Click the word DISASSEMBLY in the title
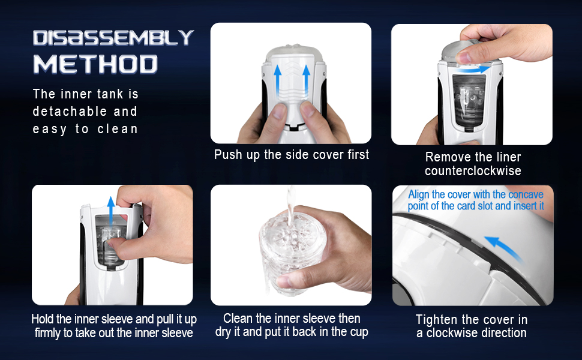[x=113, y=37]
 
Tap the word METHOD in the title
[x=96, y=64]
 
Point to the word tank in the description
[x=110, y=94]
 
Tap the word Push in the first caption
[x=228, y=155]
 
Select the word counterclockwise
[x=473, y=171]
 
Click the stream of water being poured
[x=290, y=206]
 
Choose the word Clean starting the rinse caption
[x=238, y=319]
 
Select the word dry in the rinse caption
[x=223, y=332]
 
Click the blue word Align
[x=418, y=194]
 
